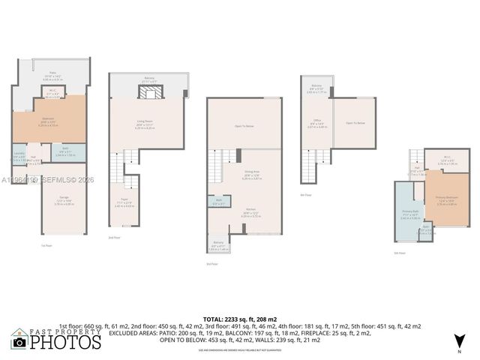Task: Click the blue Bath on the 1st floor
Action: pos(65,153)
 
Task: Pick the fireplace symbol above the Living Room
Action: pos(147,92)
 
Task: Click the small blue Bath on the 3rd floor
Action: pos(219,202)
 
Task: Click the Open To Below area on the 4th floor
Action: pos(355,122)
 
